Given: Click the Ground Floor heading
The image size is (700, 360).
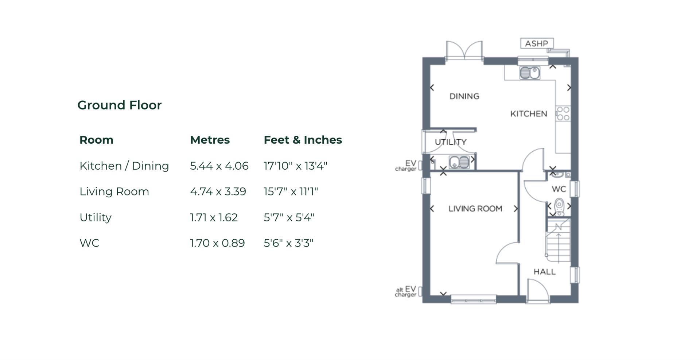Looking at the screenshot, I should coord(119,105).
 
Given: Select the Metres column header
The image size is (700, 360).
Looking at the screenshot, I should coord(210,140).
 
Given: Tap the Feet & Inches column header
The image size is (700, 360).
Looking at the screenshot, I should coord(303,140).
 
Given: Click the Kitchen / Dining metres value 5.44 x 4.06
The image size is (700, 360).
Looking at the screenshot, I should coord(219,166).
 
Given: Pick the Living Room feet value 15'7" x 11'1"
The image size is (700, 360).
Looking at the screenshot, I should coord(291,191).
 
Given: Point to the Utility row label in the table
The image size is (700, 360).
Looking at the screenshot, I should coord(96,217).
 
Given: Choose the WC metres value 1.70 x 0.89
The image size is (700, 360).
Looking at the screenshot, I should coord(217,243).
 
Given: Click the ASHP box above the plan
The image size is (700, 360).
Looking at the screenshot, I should coord(536,43).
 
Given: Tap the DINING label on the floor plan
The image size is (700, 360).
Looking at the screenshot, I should coord(464,96).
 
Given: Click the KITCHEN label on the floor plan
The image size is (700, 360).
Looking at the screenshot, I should coord(528,114).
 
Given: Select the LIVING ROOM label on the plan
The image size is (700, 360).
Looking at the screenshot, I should coord(475,209).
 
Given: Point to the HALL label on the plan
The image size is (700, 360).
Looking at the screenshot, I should coord(544,272).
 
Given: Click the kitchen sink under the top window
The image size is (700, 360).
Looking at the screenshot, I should coord(530,73).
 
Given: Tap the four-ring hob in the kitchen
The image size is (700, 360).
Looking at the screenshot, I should coord(563,113).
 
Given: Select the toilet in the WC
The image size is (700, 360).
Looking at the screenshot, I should coord(559,207).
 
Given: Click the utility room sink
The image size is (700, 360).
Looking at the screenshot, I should coord(459,162).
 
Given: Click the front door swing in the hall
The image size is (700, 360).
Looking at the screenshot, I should coord(538,291).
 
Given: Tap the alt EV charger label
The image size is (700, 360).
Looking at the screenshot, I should coord(406,292).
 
